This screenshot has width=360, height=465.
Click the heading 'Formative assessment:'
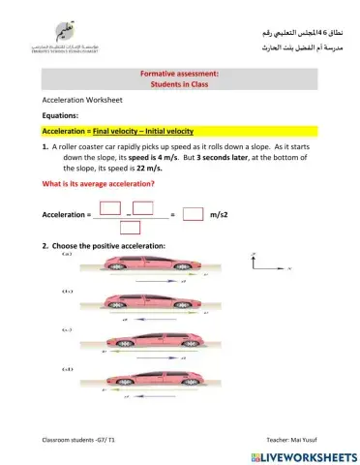(x=180, y=73)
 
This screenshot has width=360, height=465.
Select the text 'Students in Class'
(x=180, y=84)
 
